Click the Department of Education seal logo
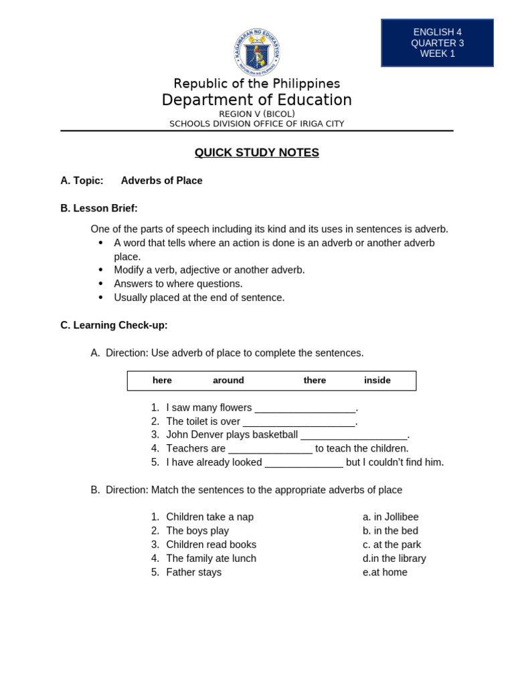[x=257, y=52]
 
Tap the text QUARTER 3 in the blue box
[x=437, y=43]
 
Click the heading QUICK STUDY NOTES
[x=256, y=153]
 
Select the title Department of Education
[x=256, y=100]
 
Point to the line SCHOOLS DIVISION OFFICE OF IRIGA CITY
[x=256, y=124]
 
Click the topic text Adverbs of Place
[x=161, y=181]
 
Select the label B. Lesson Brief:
[x=99, y=208]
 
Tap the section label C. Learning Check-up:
[x=114, y=325]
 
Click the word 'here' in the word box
[x=162, y=380]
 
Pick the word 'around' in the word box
[x=228, y=380]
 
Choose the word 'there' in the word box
[x=315, y=380]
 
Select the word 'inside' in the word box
[x=377, y=380]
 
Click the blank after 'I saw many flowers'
[x=305, y=408]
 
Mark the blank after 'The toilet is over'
[x=298, y=422]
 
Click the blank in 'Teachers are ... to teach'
[x=270, y=449]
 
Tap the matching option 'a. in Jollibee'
[x=390, y=517]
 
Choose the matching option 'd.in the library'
[x=394, y=559]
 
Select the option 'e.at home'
[x=385, y=573]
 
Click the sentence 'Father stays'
[x=193, y=573]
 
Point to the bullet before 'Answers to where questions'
[x=101, y=284]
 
